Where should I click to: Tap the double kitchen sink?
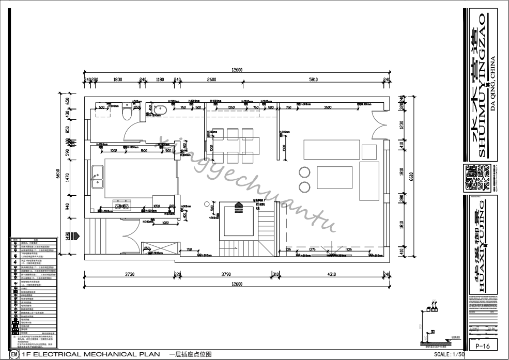click(97, 177)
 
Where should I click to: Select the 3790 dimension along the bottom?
click(226, 274)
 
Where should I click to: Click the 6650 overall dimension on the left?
click(59, 176)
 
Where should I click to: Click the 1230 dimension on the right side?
click(401, 124)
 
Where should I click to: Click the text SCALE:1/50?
click(449, 355)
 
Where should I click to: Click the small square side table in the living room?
click(369, 152)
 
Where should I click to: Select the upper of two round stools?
click(304, 173)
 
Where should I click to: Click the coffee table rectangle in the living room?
click(334, 177)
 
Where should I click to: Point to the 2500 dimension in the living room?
click(328, 107)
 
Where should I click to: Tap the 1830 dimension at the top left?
click(117, 80)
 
